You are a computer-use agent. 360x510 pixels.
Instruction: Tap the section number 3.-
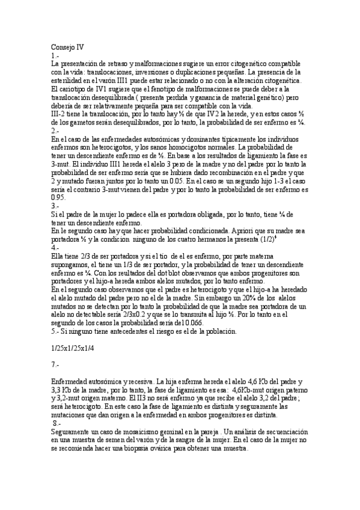click(55, 204)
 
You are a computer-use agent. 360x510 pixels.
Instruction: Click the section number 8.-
click(56, 423)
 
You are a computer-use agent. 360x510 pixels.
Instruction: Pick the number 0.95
click(58, 196)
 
